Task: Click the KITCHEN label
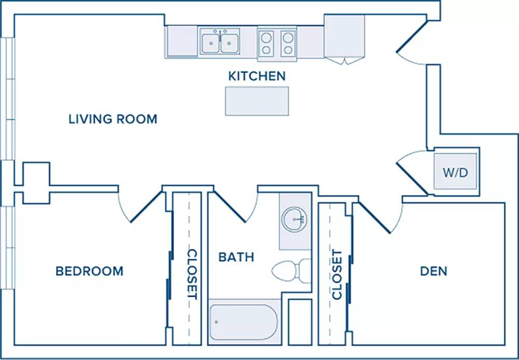click(x=257, y=76)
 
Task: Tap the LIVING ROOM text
click(x=113, y=119)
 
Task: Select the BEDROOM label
click(x=89, y=271)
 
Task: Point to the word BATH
click(x=236, y=257)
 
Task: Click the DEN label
click(x=433, y=271)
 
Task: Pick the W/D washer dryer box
click(x=456, y=171)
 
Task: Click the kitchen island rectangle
click(x=257, y=101)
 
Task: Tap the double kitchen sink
click(x=220, y=41)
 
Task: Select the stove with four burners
click(x=277, y=44)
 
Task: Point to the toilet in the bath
click(x=291, y=271)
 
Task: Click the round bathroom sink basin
click(x=294, y=219)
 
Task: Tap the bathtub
click(x=243, y=322)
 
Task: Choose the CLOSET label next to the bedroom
click(x=193, y=274)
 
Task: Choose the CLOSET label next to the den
click(x=337, y=275)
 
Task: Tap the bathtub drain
click(x=216, y=322)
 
